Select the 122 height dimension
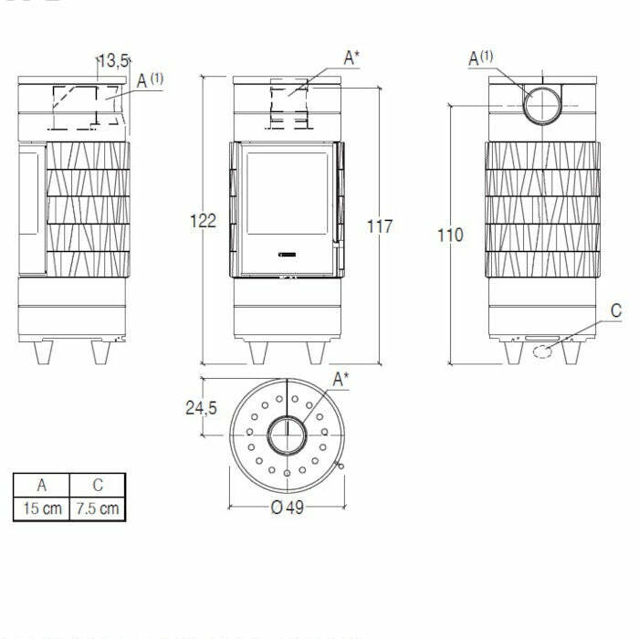click(x=202, y=220)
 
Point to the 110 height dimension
click(x=450, y=235)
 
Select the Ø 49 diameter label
click(x=288, y=508)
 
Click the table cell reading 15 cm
click(x=42, y=508)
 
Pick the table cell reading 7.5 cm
click(x=98, y=508)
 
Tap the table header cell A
click(x=42, y=485)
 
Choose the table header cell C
click(x=98, y=485)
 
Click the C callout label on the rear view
click(x=615, y=311)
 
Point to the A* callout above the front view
click(x=351, y=58)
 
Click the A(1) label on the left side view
click(x=150, y=80)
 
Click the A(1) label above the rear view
click(x=480, y=58)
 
